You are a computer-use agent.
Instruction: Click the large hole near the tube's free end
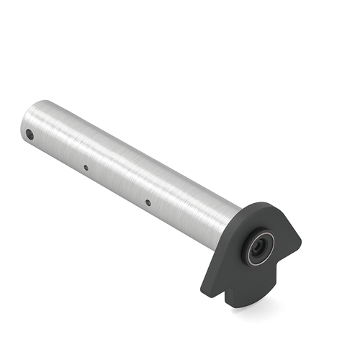(30, 134)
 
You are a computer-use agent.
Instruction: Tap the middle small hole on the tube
(86, 168)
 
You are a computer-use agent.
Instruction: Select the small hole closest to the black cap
(148, 202)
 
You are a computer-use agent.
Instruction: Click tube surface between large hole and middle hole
(58, 148)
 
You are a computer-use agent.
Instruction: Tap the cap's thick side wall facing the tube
(216, 252)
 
